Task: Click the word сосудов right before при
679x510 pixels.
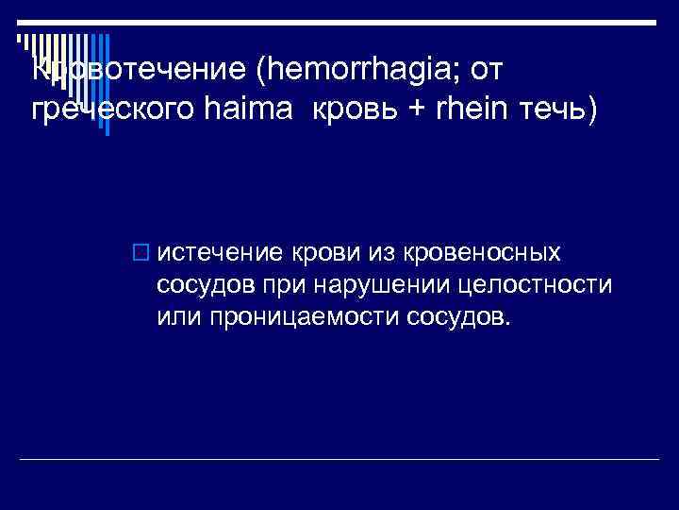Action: (x=200, y=284)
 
